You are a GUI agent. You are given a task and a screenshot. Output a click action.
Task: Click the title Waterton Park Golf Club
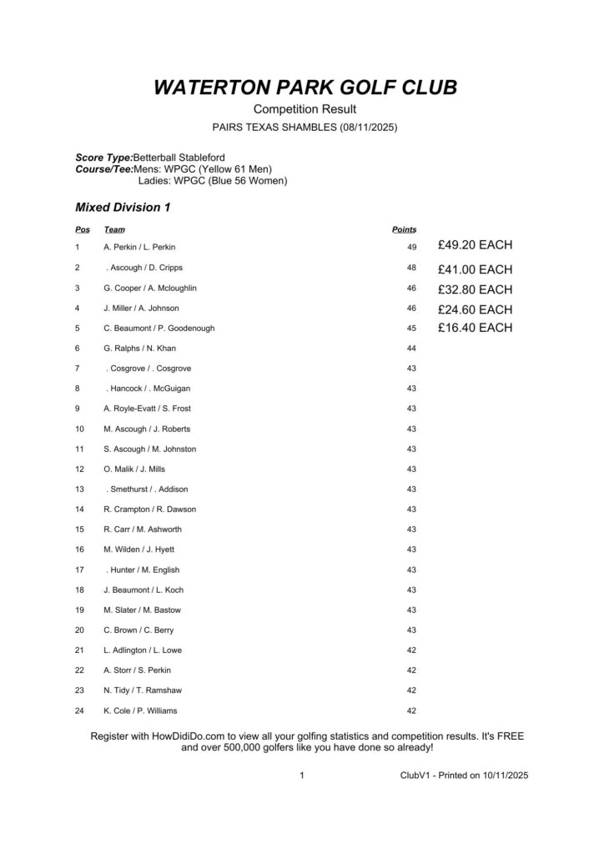(x=305, y=88)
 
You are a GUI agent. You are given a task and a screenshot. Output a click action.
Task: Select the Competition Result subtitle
(x=305, y=110)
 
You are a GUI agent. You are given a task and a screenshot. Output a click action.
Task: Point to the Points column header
(x=404, y=229)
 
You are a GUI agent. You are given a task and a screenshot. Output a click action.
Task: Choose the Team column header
(x=114, y=229)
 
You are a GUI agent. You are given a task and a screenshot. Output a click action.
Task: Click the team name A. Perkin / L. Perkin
(x=139, y=247)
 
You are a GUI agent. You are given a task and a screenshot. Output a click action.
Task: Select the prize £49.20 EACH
(x=475, y=245)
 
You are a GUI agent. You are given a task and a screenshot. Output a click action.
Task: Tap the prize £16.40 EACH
(x=475, y=328)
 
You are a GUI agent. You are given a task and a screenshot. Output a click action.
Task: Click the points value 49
(x=411, y=247)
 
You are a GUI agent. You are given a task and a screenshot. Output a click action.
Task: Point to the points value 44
(x=411, y=348)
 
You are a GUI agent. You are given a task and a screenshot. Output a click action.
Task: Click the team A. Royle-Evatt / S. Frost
(x=148, y=409)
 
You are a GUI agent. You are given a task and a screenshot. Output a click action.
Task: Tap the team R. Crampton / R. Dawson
(x=149, y=509)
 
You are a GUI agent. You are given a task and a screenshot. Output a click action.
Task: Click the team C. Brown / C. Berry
(x=139, y=630)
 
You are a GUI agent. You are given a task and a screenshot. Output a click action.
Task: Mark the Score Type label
(x=103, y=158)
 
